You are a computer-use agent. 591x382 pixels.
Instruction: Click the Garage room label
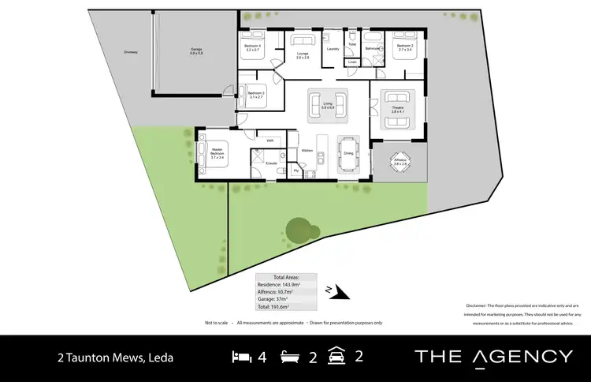pyautogui.click(x=196, y=50)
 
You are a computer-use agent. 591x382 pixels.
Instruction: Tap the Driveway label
pyautogui.click(x=131, y=52)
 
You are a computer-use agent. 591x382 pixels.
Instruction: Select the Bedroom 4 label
pyautogui.click(x=253, y=46)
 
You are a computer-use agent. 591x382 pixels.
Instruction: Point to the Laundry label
pyautogui.click(x=333, y=49)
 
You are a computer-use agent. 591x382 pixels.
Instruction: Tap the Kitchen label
pyautogui.click(x=307, y=150)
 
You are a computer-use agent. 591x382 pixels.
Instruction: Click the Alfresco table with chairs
pyautogui.click(x=400, y=161)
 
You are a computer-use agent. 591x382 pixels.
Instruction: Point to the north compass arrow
pyautogui.click(x=339, y=292)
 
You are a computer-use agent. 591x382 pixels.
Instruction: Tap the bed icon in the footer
pyautogui.click(x=242, y=357)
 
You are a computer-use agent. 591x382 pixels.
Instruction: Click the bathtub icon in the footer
pyautogui.click(x=291, y=357)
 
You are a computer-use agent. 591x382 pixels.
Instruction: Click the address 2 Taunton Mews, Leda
pyautogui.click(x=115, y=358)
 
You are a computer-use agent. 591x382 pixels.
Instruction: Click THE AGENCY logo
pyautogui.click(x=493, y=357)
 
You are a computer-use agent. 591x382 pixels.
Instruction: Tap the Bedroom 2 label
pyautogui.click(x=405, y=46)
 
